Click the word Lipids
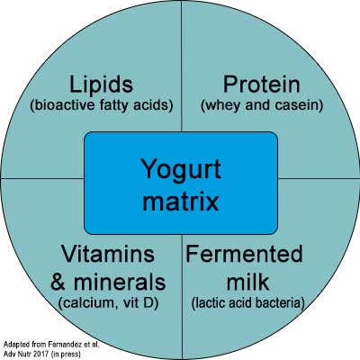pos(101,85)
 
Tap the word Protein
pos(262,85)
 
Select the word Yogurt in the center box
pos(181,170)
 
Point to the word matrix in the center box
pos(181,202)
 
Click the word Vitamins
pos(108,254)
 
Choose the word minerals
pos(120,282)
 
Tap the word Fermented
pos(244,254)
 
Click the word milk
pos(247,282)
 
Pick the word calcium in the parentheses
pos(86,303)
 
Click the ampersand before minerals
pos(58,282)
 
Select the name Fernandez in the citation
pos(62,344)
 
